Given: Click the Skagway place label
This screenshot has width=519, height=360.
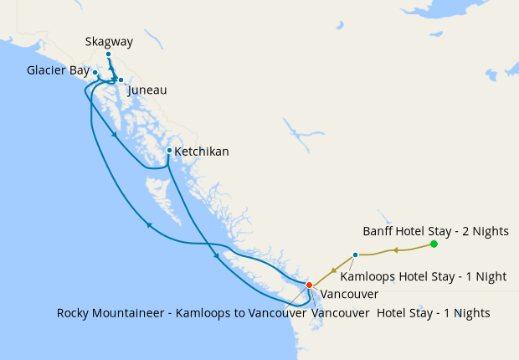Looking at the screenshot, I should (x=109, y=42).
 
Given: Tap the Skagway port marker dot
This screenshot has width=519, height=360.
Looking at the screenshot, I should (x=108, y=54).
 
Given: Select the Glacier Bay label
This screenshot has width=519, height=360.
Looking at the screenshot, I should (x=57, y=71).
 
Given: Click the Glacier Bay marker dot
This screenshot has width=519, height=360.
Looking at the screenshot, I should (x=95, y=73).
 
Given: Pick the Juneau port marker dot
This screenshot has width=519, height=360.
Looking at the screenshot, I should (x=121, y=80).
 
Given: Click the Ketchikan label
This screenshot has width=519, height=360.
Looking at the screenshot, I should (x=201, y=152).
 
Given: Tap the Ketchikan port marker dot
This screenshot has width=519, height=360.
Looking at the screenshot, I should (x=169, y=151).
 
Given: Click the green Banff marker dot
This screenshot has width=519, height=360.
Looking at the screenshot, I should (x=434, y=244).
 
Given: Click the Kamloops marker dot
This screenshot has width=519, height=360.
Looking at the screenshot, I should (x=356, y=255).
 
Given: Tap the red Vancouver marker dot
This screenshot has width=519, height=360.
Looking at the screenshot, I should (x=309, y=285).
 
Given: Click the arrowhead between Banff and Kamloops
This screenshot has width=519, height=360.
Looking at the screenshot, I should (x=394, y=249).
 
